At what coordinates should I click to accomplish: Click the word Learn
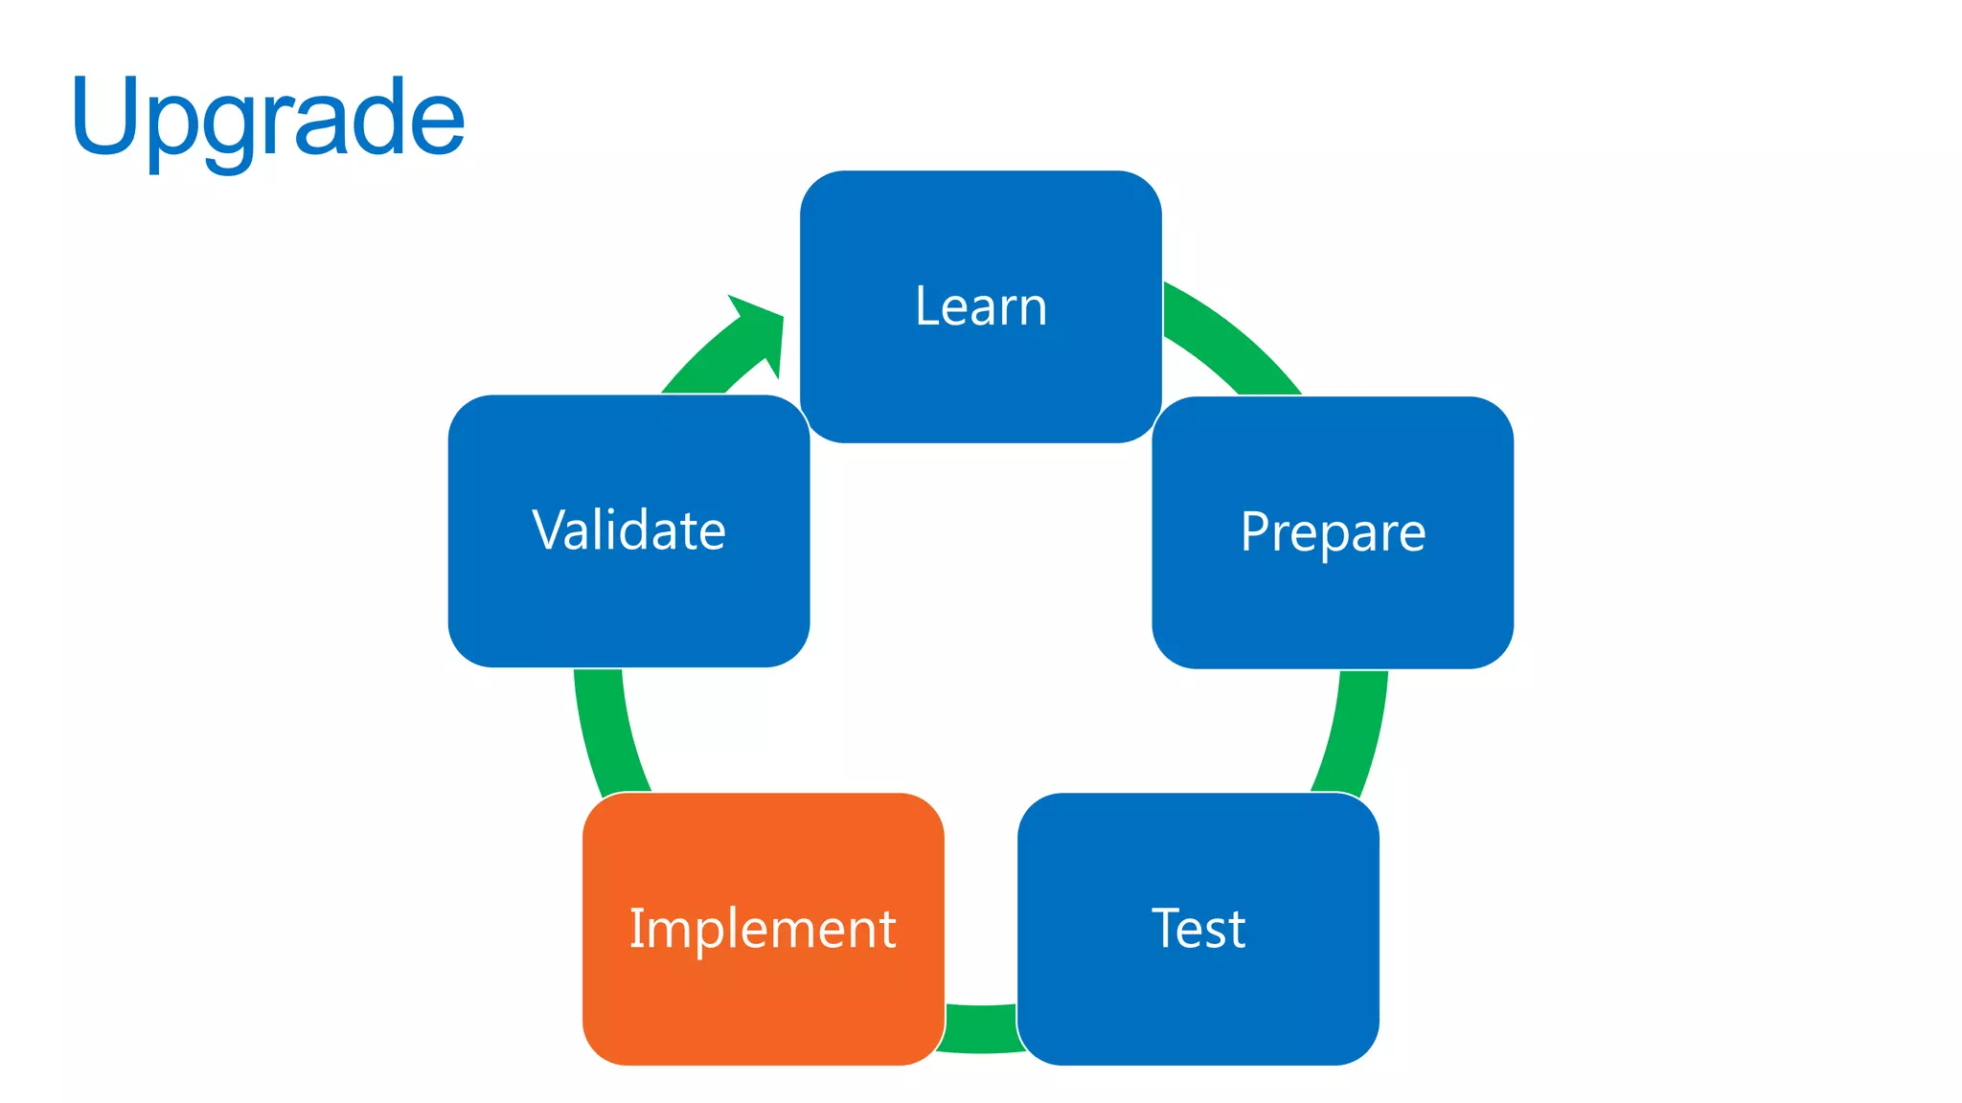point(981,306)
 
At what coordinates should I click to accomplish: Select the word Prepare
point(1333,532)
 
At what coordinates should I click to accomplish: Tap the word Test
point(1198,928)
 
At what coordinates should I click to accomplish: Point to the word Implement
point(763,928)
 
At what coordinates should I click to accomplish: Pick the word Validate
point(628,530)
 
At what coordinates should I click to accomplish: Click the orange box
point(763,1005)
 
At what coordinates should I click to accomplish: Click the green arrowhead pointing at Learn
point(762,330)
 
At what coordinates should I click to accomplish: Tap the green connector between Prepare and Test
point(1353,732)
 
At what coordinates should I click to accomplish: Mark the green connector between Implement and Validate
point(608,732)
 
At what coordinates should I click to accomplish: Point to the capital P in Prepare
point(1256,531)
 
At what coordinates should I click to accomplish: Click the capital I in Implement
point(633,928)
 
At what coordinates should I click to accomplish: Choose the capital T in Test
point(1168,928)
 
